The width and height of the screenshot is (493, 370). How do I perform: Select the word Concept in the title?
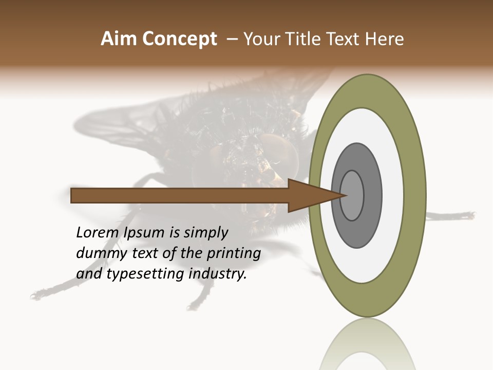click(179, 39)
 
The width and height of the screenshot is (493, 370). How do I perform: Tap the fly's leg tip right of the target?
click(468, 215)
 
